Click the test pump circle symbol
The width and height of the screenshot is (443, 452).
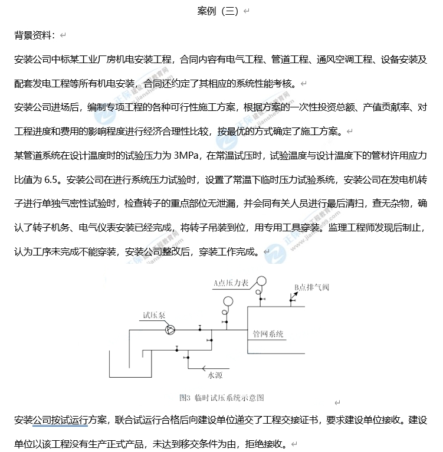[169, 329]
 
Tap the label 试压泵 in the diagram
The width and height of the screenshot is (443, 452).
[153, 316]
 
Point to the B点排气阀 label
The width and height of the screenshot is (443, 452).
[311, 288]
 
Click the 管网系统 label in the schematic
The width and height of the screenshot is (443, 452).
[268, 334]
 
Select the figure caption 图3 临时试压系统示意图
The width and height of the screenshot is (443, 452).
[221, 398]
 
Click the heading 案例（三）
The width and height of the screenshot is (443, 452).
[218, 12]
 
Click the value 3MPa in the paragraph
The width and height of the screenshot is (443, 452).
[188, 156]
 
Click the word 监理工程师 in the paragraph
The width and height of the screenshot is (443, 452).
[352, 227]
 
